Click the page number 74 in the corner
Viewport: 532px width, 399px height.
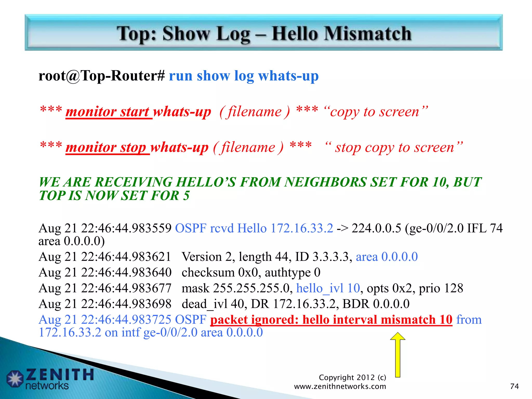tap(514, 386)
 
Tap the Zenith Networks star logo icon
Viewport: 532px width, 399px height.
tap(15, 379)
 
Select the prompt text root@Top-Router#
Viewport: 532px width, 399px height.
tap(102, 76)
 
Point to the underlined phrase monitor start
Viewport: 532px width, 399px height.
tap(109, 112)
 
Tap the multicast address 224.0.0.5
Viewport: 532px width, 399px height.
tap(376, 228)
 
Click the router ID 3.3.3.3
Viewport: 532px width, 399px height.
tap(330, 257)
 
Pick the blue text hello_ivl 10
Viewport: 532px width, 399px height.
tap(328, 288)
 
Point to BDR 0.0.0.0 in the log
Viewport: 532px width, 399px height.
tap(376, 304)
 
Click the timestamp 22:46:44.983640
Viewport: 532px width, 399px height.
tap(126, 272)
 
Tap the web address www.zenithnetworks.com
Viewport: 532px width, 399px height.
tap(340, 386)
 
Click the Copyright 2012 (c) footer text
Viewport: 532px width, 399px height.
tap(352, 377)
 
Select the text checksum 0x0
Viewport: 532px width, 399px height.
tap(220, 272)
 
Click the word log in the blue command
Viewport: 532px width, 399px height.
tap(244, 76)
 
